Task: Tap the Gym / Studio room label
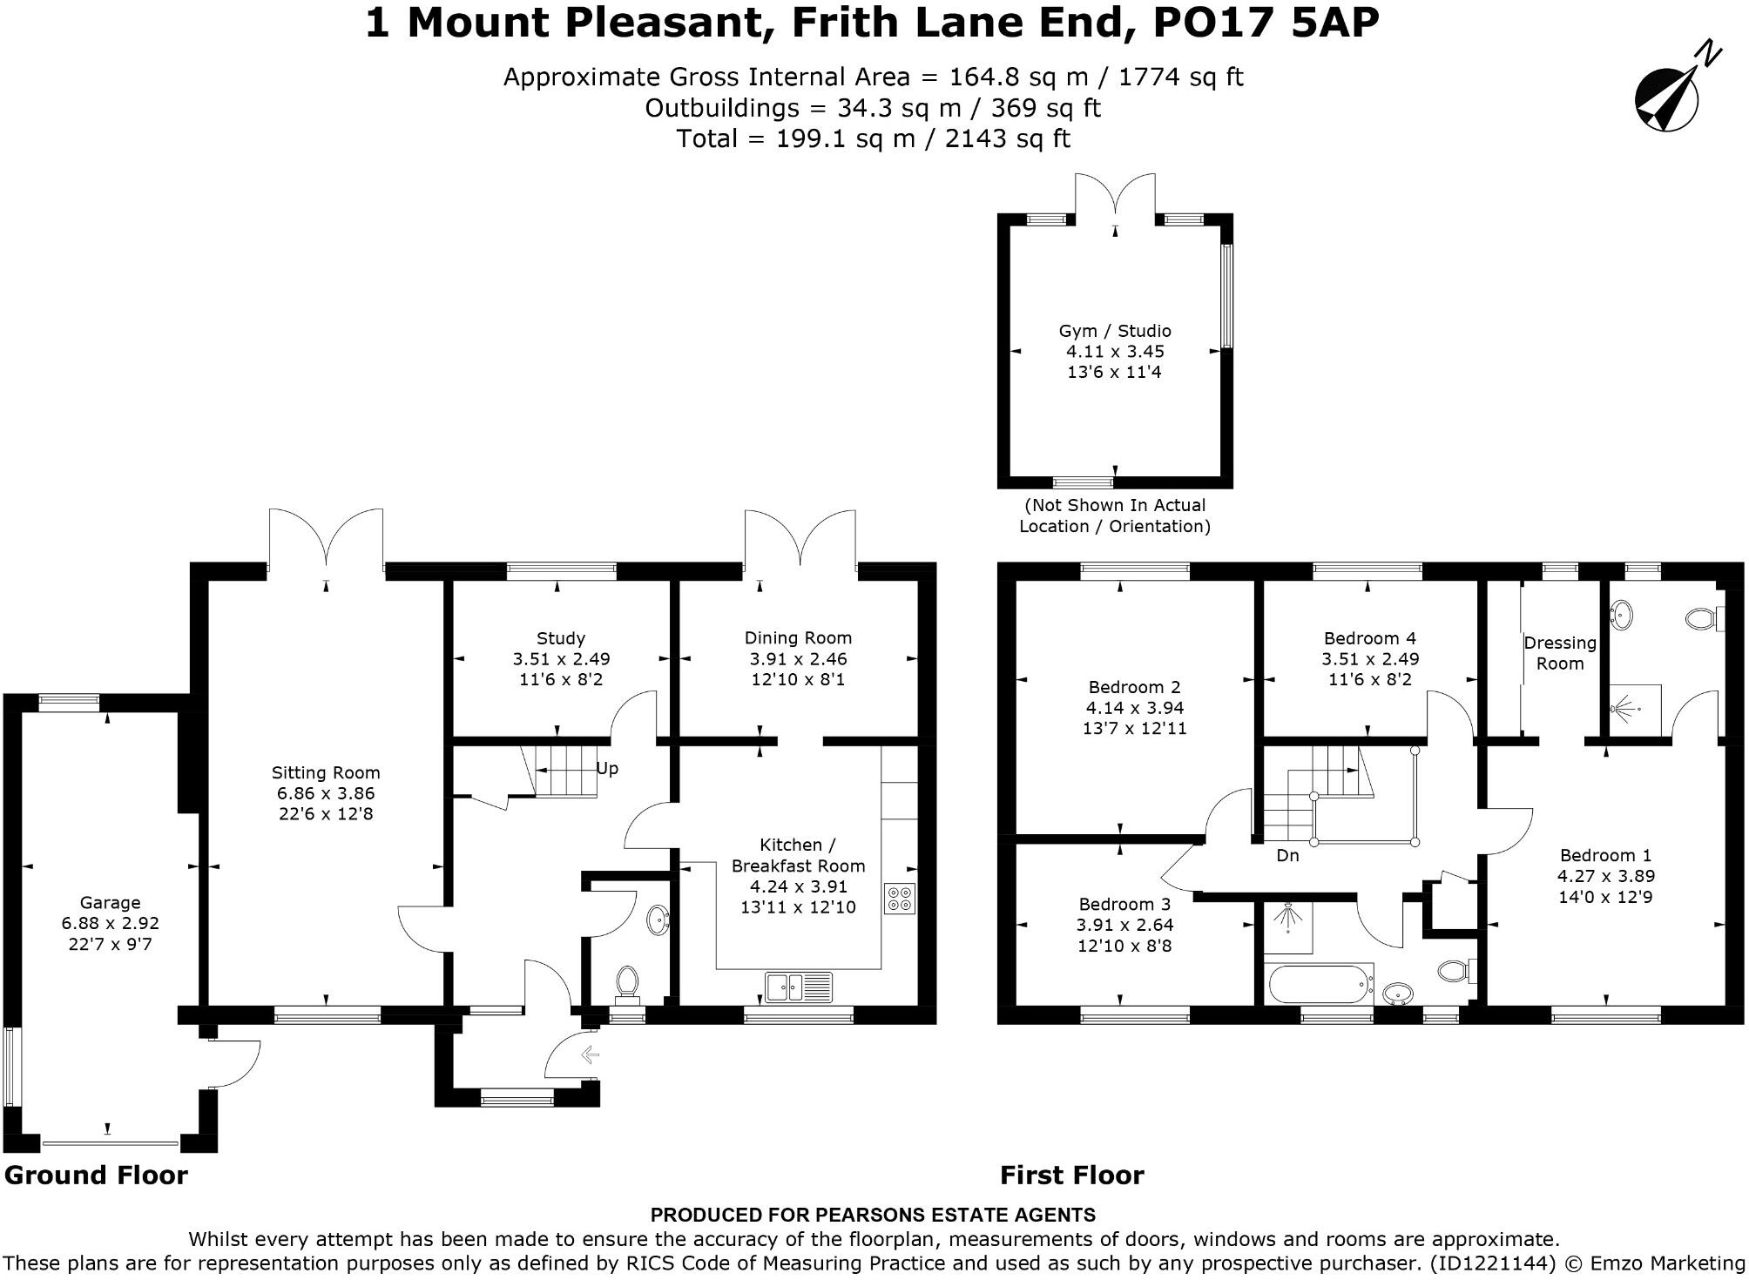tap(1115, 331)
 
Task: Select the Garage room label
tap(110, 902)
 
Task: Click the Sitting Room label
tap(326, 772)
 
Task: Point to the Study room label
tap(561, 638)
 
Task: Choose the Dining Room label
tap(798, 638)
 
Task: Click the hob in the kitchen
tap(900, 899)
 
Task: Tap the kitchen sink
tap(799, 987)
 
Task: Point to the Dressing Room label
tap(1560, 653)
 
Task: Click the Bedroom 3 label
tap(1124, 905)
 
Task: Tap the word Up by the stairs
tap(607, 770)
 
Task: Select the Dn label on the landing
tap(1287, 855)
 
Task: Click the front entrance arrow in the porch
tap(590, 1055)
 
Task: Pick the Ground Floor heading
tap(96, 1176)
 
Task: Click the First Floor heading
tap(1072, 1176)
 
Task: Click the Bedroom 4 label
tap(1370, 638)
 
